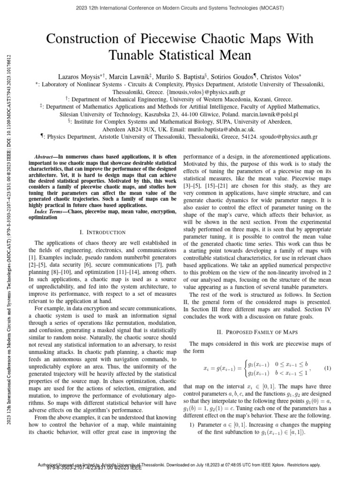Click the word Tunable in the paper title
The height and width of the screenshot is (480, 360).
[x=133, y=56]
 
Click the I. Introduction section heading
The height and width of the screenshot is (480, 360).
[x=103, y=232]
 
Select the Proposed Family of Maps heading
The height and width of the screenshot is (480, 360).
[x=260, y=332]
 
